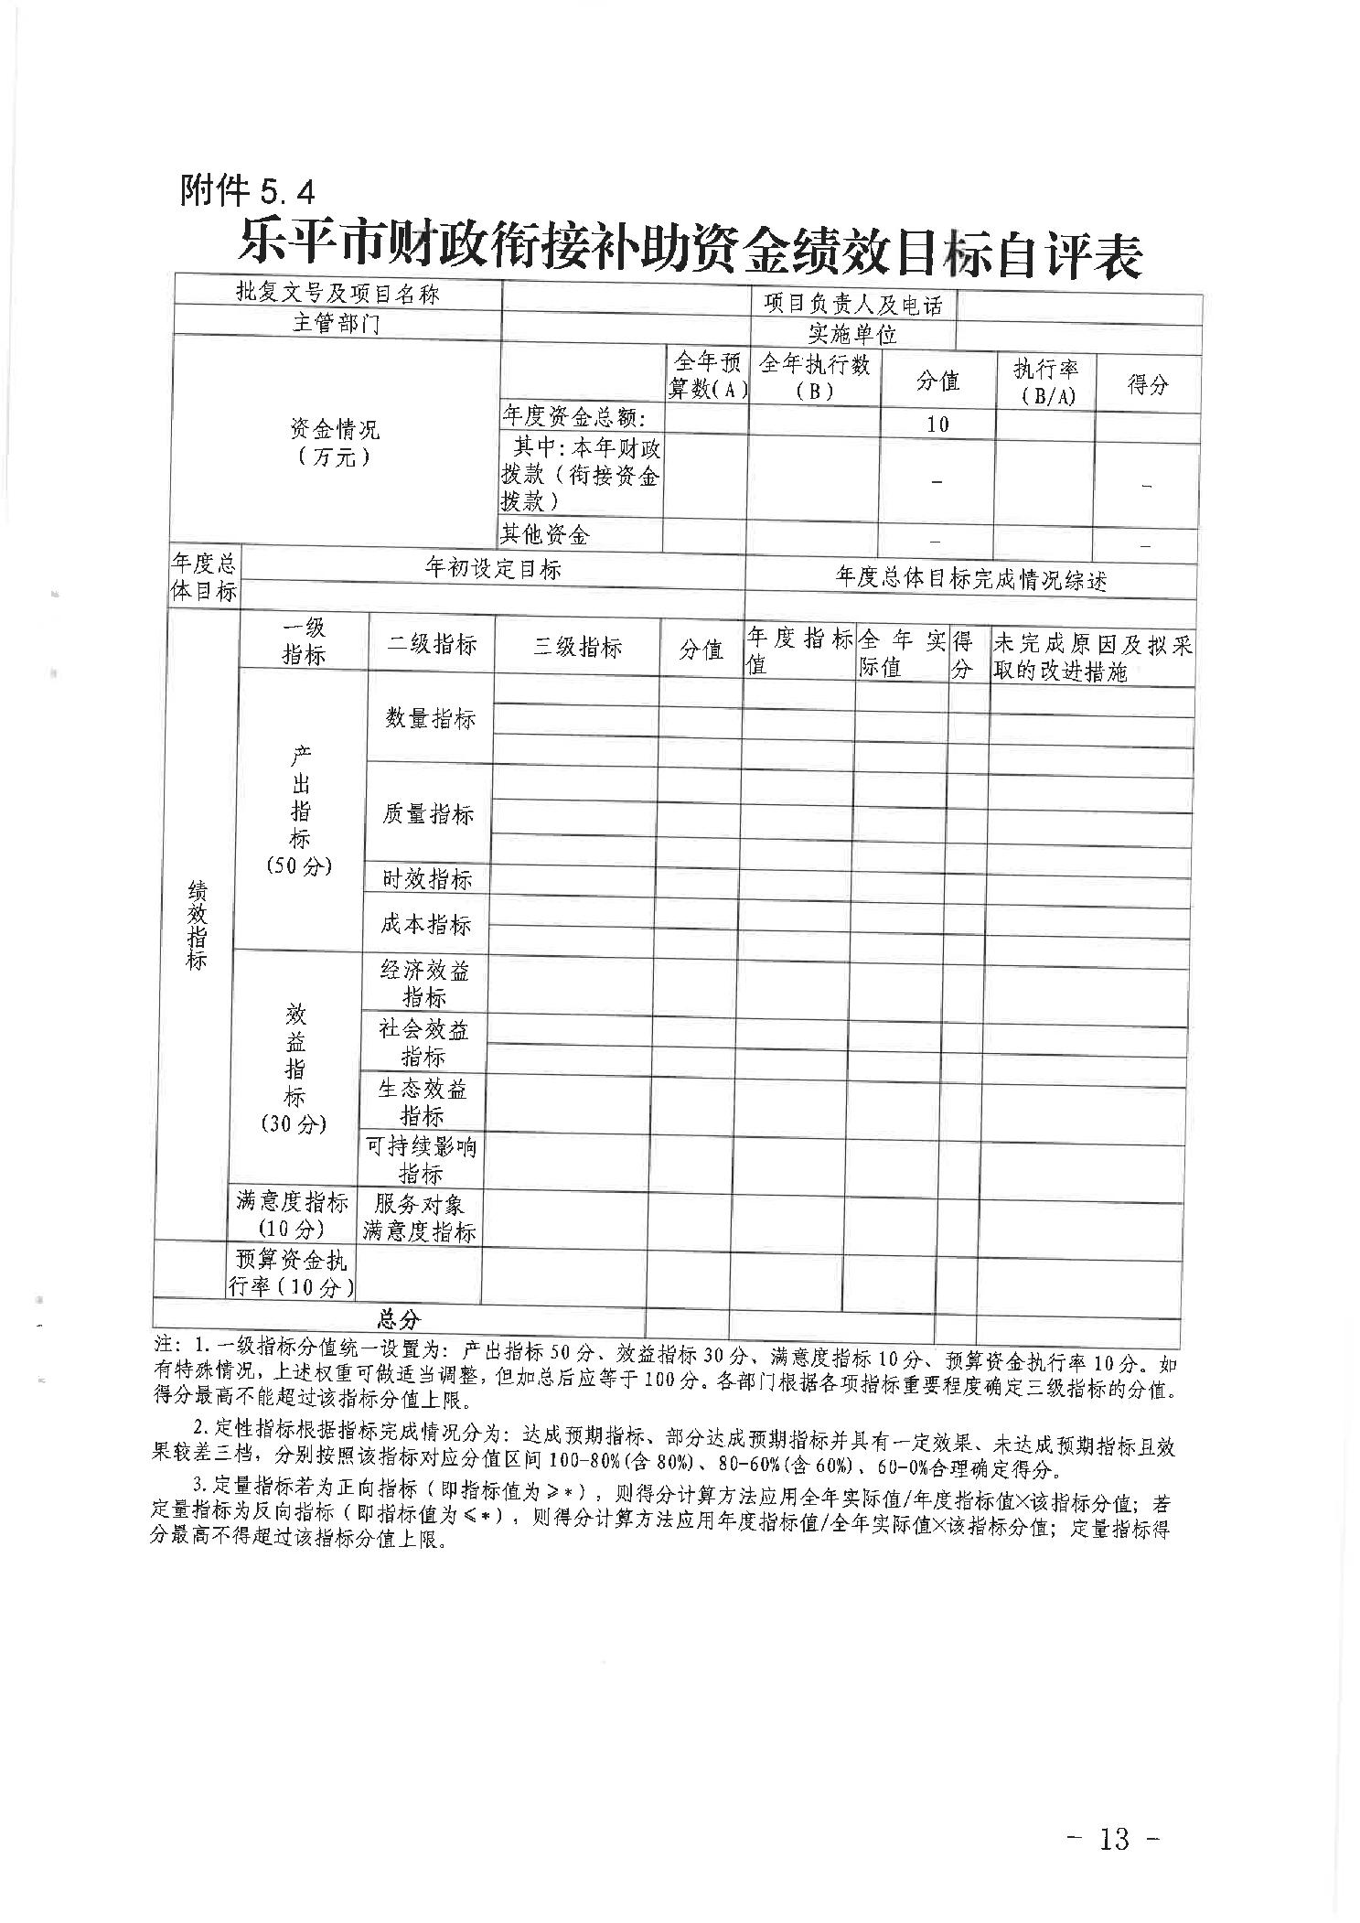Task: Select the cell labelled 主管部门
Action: point(337,323)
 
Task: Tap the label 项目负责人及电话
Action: point(853,304)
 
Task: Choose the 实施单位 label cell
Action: point(852,334)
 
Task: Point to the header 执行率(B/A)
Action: point(1044,381)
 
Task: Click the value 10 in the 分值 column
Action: point(937,424)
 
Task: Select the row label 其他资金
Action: point(545,534)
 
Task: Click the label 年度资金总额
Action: point(573,417)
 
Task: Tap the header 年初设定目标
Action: point(493,569)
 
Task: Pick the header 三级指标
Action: point(577,648)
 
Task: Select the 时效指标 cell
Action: point(427,880)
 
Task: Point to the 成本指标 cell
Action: point(426,925)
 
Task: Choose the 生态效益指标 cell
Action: point(423,1101)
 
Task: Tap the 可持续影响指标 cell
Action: point(421,1159)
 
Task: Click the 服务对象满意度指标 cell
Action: point(420,1218)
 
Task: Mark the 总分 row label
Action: point(400,1318)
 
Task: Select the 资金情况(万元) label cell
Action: point(335,443)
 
